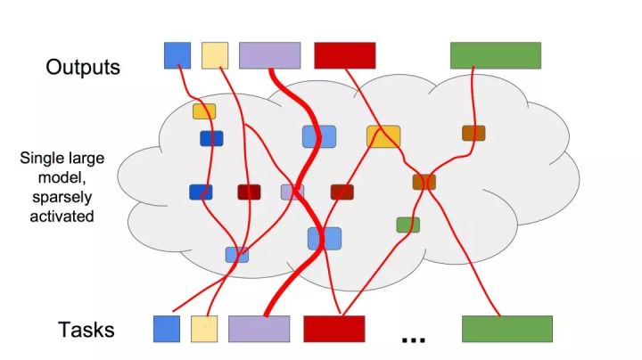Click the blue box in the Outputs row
click(x=177, y=55)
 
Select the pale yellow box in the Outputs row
click(x=215, y=55)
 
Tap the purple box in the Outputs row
click(x=270, y=55)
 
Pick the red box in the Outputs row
click(x=344, y=55)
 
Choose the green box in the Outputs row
click(x=496, y=55)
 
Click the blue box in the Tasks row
click(x=167, y=329)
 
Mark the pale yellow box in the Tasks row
click(x=204, y=329)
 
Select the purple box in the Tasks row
click(x=259, y=329)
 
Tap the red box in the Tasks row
click(x=334, y=329)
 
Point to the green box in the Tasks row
click(x=506, y=329)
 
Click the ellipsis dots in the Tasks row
click(x=414, y=340)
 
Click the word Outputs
click(x=83, y=68)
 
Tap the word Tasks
click(x=86, y=330)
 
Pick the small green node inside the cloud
click(x=407, y=225)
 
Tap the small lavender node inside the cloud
click(x=292, y=192)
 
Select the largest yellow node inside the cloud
click(x=383, y=136)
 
